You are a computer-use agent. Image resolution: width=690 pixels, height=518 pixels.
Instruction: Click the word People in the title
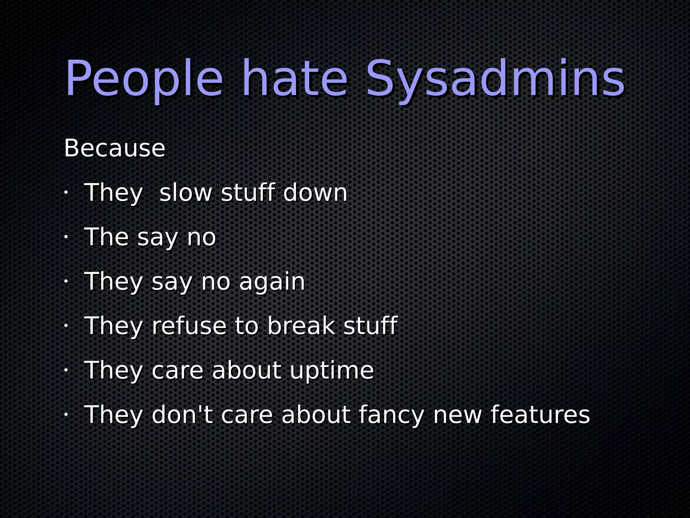[144, 80]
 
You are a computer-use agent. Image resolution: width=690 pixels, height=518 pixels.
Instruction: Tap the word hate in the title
[295, 80]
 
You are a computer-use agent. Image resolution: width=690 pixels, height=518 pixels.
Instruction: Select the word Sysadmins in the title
[495, 80]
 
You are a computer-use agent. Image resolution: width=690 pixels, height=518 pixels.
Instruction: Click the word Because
[115, 148]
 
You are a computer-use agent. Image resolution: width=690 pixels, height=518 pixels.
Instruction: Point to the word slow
[186, 193]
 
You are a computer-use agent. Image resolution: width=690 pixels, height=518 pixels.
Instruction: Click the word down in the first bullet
[315, 193]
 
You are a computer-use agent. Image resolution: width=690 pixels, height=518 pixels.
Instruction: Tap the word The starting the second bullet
[106, 237]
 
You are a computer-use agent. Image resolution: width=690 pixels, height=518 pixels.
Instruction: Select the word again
[272, 281]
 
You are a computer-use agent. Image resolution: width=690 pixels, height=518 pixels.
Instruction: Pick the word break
[301, 326]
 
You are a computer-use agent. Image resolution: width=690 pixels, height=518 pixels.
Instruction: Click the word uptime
[332, 370]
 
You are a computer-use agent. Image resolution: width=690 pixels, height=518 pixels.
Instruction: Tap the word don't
[182, 414]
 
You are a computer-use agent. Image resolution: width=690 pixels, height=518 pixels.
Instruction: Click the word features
[540, 414]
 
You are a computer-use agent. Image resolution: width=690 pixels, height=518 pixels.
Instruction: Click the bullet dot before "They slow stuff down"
[66, 193]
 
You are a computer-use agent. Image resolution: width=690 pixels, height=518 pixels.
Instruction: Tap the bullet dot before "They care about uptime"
[66, 370]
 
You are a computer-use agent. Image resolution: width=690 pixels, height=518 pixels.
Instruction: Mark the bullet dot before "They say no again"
[66, 281]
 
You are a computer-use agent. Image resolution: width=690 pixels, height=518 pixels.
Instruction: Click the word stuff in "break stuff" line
[370, 326]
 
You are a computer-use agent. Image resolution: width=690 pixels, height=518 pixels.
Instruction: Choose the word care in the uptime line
[178, 370]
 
